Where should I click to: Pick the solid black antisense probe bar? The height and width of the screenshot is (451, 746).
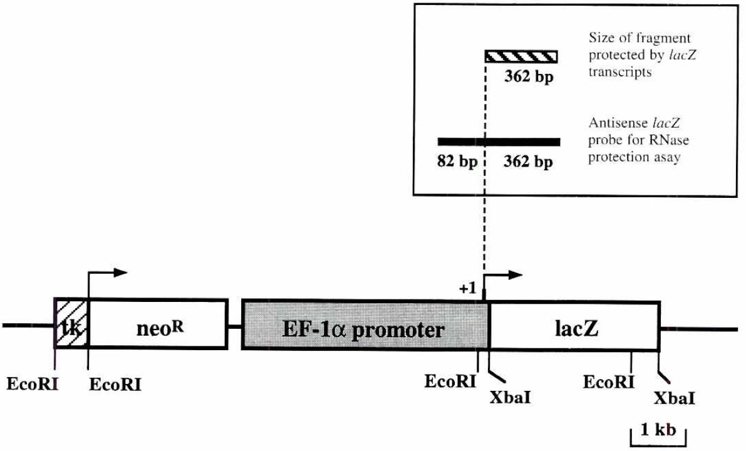(x=499, y=142)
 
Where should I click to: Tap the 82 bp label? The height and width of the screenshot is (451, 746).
(x=457, y=163)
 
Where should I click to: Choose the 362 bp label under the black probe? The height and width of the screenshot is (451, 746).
(x=529, y=163)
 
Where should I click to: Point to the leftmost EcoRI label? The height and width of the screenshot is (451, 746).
(x=32, y=382)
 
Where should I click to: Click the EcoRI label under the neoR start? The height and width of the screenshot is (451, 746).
(x=115, y=385)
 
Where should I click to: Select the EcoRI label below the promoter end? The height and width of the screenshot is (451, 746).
(x=449, y=381)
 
